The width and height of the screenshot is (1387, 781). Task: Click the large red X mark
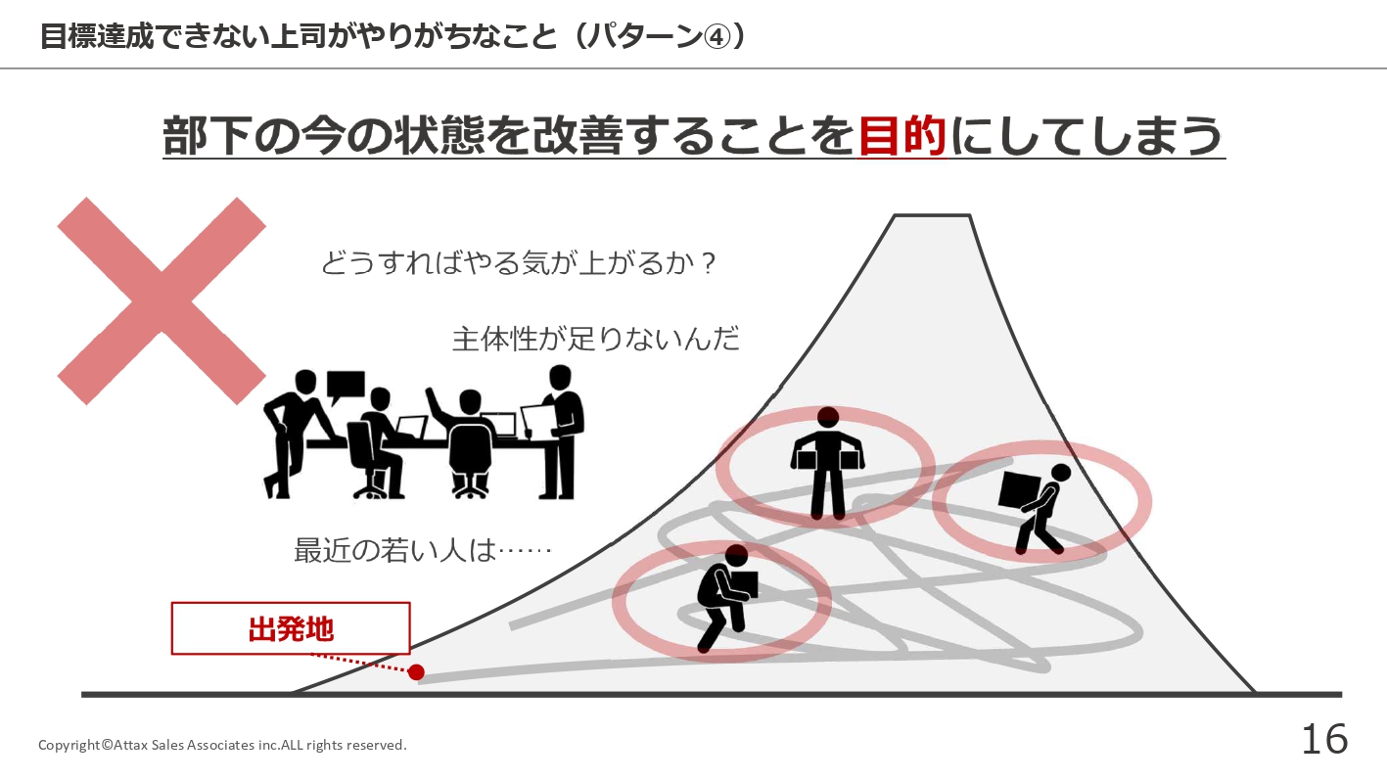[162, 301]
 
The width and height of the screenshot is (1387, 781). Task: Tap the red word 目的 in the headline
[902, 136]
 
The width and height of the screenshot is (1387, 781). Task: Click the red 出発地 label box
[291, 628]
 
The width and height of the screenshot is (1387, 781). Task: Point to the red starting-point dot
[416, 672]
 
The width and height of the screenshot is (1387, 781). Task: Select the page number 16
[1324, 739]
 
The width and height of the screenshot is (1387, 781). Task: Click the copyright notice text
[222, 745]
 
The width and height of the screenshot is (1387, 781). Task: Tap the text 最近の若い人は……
[422, 550]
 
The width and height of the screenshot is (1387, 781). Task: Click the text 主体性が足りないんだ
[596, 339]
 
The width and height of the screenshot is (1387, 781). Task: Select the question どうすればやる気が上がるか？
[519, 262]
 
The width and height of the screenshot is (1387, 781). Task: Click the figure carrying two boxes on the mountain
[827, 463]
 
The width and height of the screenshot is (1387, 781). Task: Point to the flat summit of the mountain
[932, 215]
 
